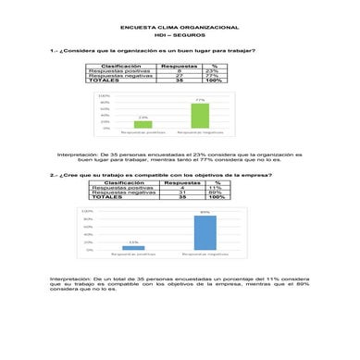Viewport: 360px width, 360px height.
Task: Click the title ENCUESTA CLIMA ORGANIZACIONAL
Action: tap(180, 29)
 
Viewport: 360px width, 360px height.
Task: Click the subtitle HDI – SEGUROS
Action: tap(180, 36)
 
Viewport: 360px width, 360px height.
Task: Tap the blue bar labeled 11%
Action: tap(134, 247)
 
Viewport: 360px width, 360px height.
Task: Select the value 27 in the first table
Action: tap(180, 76)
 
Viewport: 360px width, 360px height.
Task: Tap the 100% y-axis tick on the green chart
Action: tap(105, 95)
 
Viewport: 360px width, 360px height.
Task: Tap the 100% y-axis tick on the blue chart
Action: tap(87, 211)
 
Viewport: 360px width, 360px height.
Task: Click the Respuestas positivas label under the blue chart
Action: tap(133, 254)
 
